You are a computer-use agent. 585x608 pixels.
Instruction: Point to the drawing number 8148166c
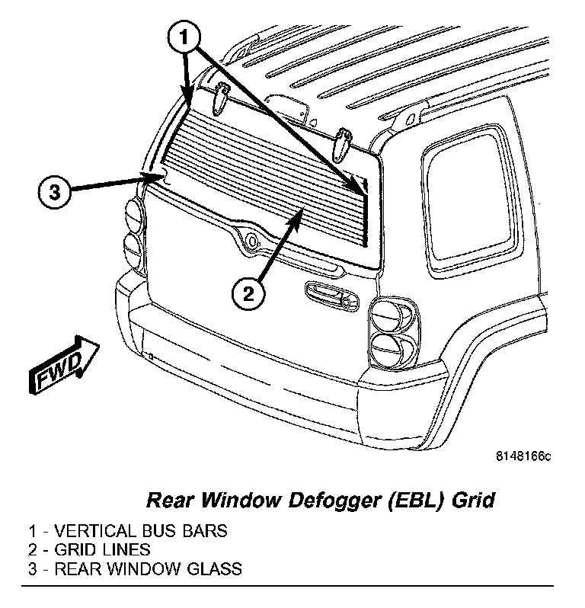click(523, 456)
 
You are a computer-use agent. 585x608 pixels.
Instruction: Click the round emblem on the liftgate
click(251, 242)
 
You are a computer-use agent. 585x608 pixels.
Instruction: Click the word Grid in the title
click(474, 501)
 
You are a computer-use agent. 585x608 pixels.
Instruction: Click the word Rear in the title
click(166, 501)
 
